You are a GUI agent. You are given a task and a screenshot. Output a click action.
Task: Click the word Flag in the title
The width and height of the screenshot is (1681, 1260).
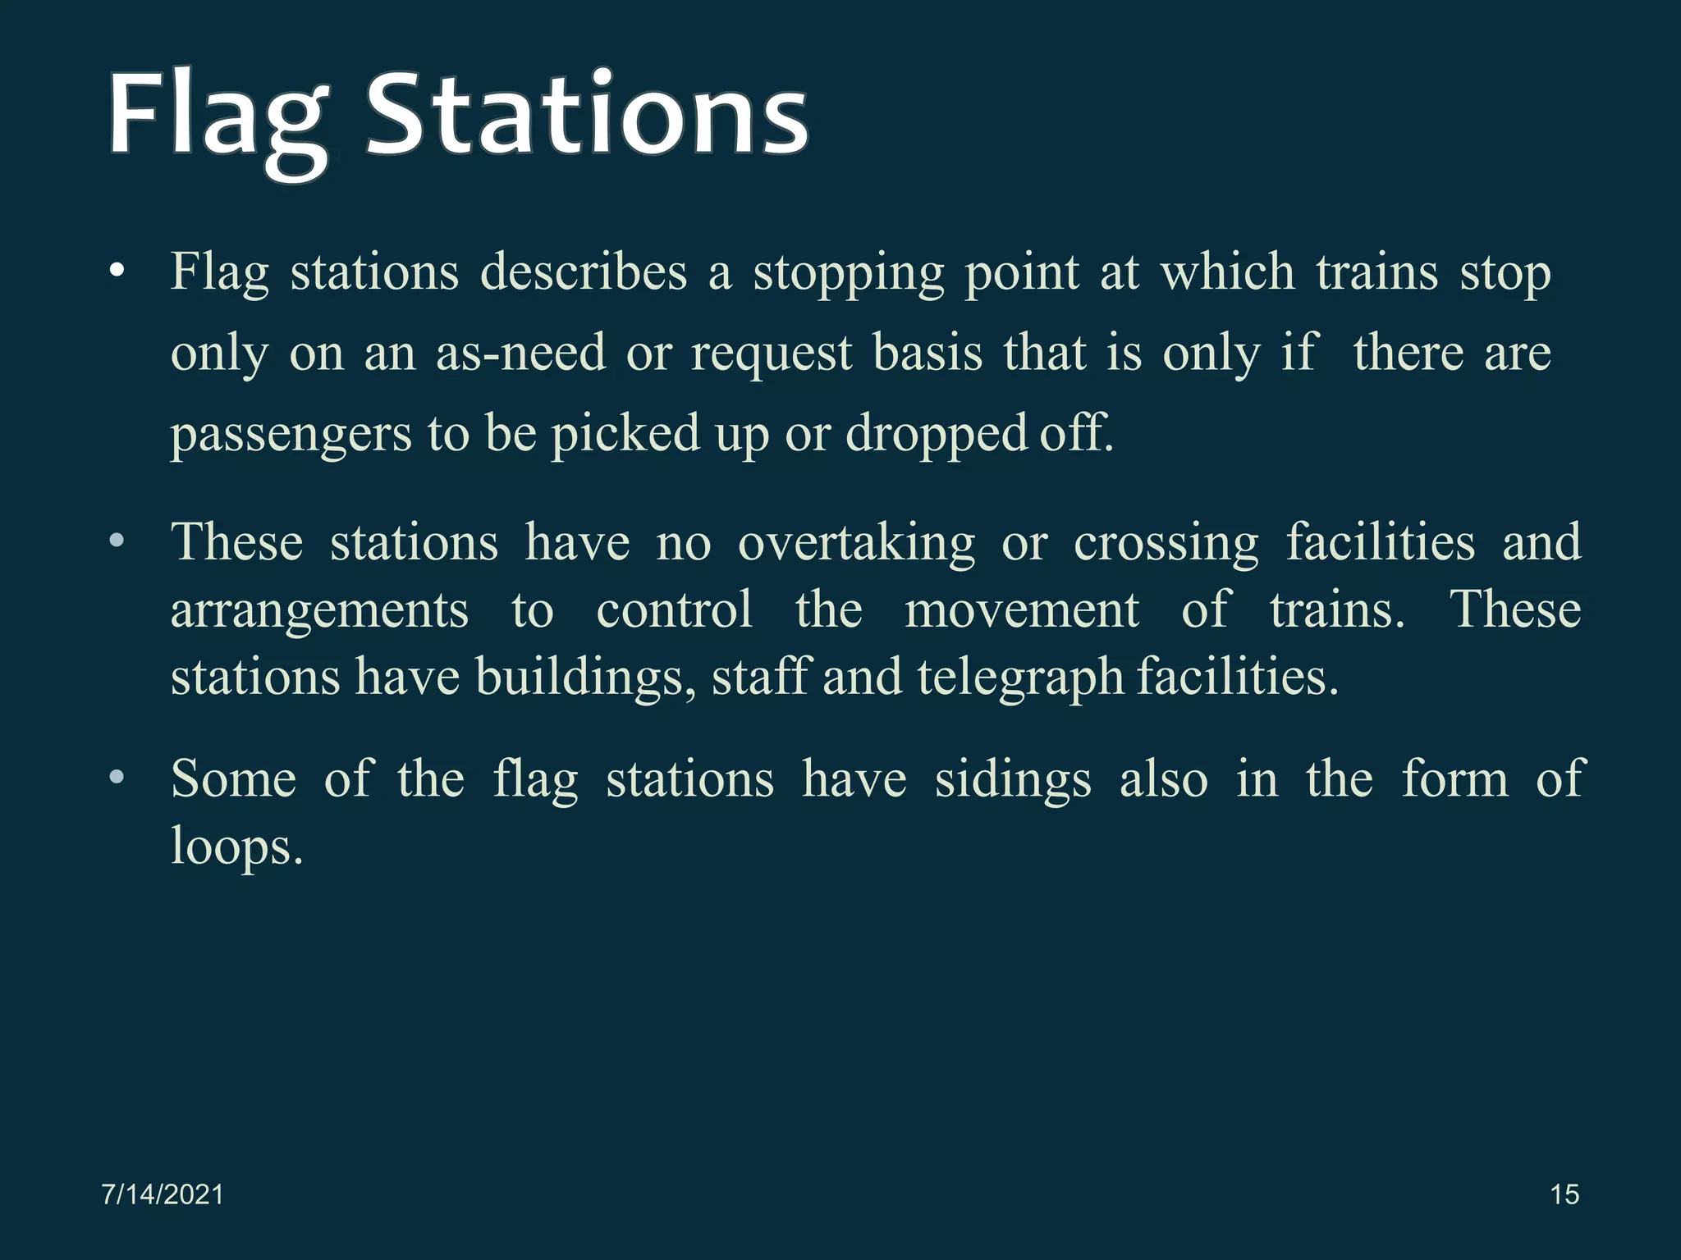point(218,115)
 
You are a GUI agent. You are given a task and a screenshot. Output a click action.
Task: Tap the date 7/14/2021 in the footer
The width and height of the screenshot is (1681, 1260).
point(163,1194)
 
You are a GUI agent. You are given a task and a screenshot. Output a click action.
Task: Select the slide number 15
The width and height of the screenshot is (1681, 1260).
point(1564,1194)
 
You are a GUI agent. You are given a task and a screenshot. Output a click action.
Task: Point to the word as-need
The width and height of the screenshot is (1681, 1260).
point(520,353)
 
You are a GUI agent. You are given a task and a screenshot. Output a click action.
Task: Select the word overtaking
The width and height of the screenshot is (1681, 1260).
point(856,543)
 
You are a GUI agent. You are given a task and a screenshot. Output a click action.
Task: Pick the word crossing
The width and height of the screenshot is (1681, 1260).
point(1166,543)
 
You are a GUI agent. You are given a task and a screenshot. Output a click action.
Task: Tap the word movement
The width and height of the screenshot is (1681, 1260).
point(1022,609)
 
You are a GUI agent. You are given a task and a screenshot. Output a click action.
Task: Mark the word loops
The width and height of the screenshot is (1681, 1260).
point(236,847)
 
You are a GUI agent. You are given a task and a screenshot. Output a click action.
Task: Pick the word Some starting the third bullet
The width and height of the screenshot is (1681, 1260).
point(233,778)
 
